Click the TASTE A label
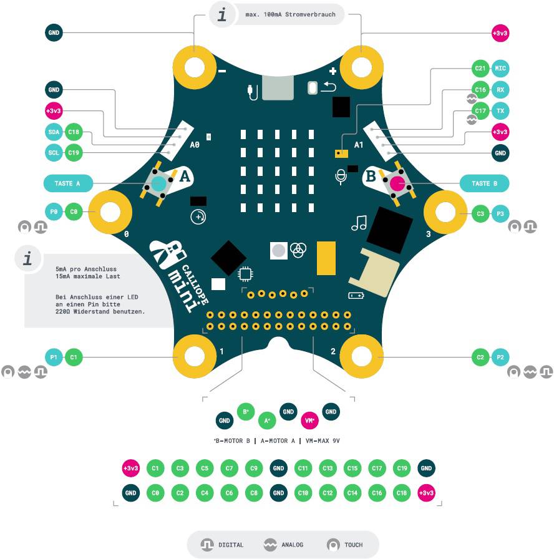pos(68,183)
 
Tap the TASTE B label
pos(484,183)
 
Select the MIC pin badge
pos(500,68)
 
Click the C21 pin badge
pos(480,68)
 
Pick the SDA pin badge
pos(54,132)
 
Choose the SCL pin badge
pos(54,152)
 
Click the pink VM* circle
pos(309,420)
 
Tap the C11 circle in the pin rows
pos(303,468)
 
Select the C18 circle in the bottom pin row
pos(401,493)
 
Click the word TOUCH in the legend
pos(353,545)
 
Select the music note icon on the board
pos(359,223)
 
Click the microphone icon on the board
pos(340,177)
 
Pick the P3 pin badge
pos(500,213)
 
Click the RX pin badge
pos(500,90)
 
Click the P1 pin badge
pos(54,357)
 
